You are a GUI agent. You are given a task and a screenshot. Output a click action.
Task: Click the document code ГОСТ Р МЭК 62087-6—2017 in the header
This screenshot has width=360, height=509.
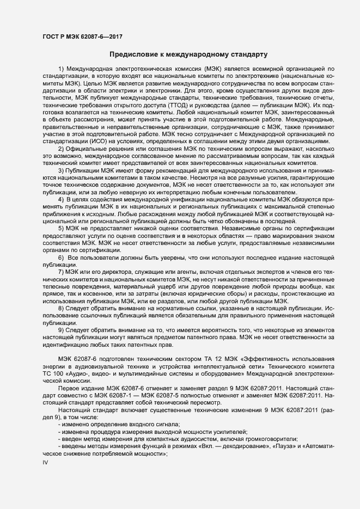coord(81,36)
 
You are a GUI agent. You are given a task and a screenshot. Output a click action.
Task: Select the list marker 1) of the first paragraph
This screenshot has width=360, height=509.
coord(61,68)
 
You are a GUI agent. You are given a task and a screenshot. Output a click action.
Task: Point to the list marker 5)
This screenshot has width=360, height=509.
coord(61,230)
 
